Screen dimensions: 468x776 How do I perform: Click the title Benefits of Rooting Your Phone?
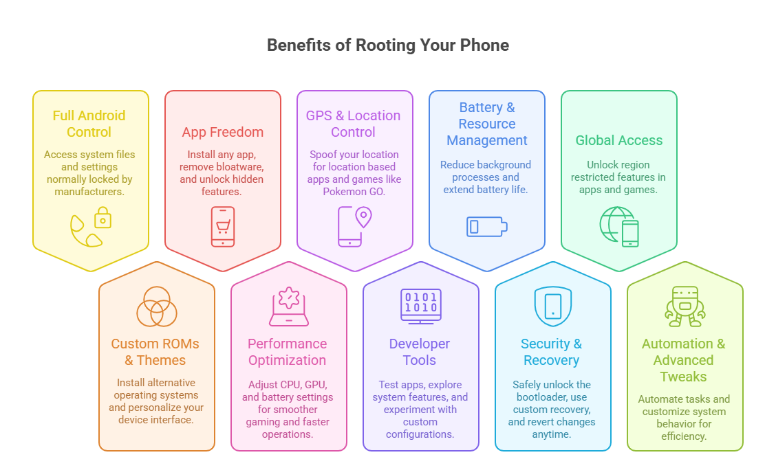[387, 45]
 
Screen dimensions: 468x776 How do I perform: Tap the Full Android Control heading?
[89, 124]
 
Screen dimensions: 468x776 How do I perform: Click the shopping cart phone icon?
[223, 226]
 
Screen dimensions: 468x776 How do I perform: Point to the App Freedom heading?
[223, 132]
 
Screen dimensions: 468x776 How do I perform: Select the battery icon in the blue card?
[487, 226]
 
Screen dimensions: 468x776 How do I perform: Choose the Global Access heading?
[619, 140]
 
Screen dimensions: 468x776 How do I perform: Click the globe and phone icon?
[619, 226]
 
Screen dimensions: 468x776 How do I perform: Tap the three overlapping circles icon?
[157, 307]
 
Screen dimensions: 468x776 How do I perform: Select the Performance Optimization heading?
[288, 352]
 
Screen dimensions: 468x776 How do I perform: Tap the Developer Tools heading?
[420, 352]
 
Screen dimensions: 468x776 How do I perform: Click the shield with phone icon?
[553, 307]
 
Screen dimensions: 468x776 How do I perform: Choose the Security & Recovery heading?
[552, 352]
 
